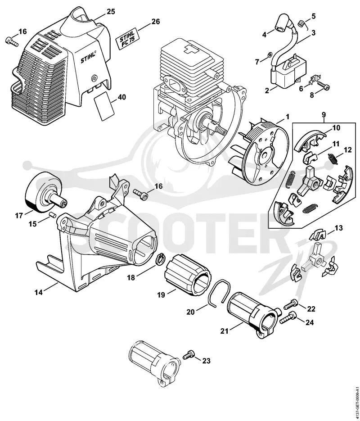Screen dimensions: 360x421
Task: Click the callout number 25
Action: pyautogui.click(x=111, y=12)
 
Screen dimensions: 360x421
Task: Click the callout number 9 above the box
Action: pyautogui.click(x=324, y=115)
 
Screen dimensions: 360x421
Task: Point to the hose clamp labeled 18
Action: pyautogui.click(x=160, y=260)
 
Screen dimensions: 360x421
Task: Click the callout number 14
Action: pyautogui.click(x=39, y=292)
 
